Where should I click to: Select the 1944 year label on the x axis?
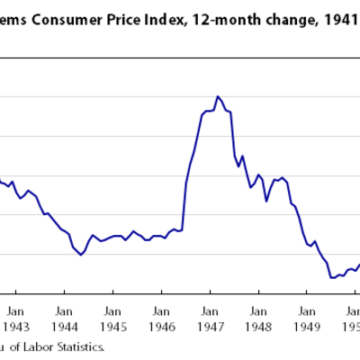click(x=63, y=318)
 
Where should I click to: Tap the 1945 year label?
click(x=112, y=318)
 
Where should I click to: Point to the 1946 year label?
click(x=160, y=318)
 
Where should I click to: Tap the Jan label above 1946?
click(x=160, y=303)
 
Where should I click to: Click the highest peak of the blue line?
click(x=217, y=95)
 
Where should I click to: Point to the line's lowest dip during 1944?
click(x=82, y=255)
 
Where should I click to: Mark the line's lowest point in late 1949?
click(x=332, y=277)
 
